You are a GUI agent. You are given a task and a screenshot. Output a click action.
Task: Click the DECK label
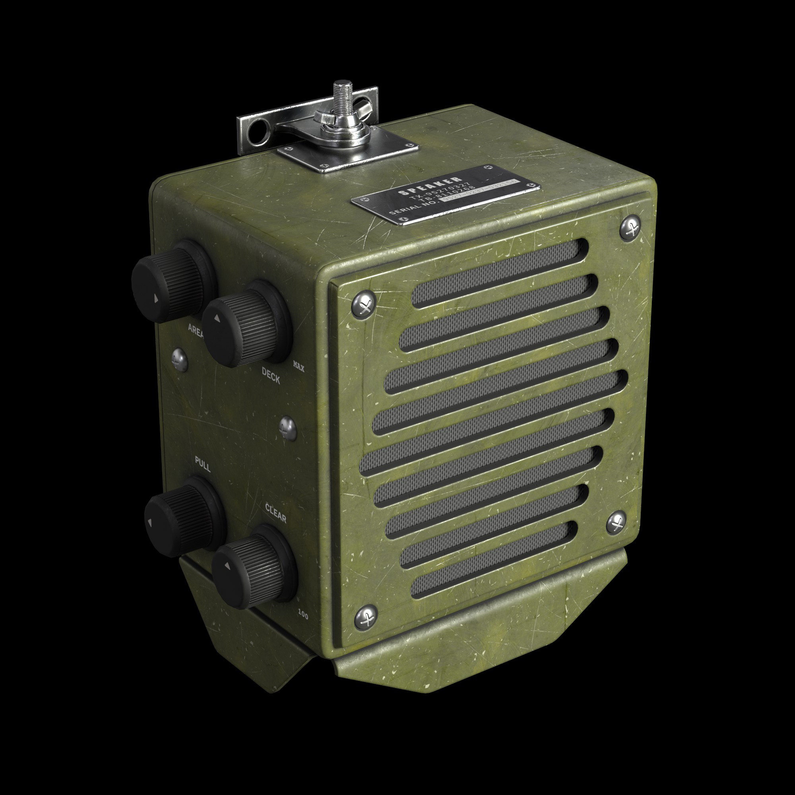271,375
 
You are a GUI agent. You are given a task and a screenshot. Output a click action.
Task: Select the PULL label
202,467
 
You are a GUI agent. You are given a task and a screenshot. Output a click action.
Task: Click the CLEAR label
275,513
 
